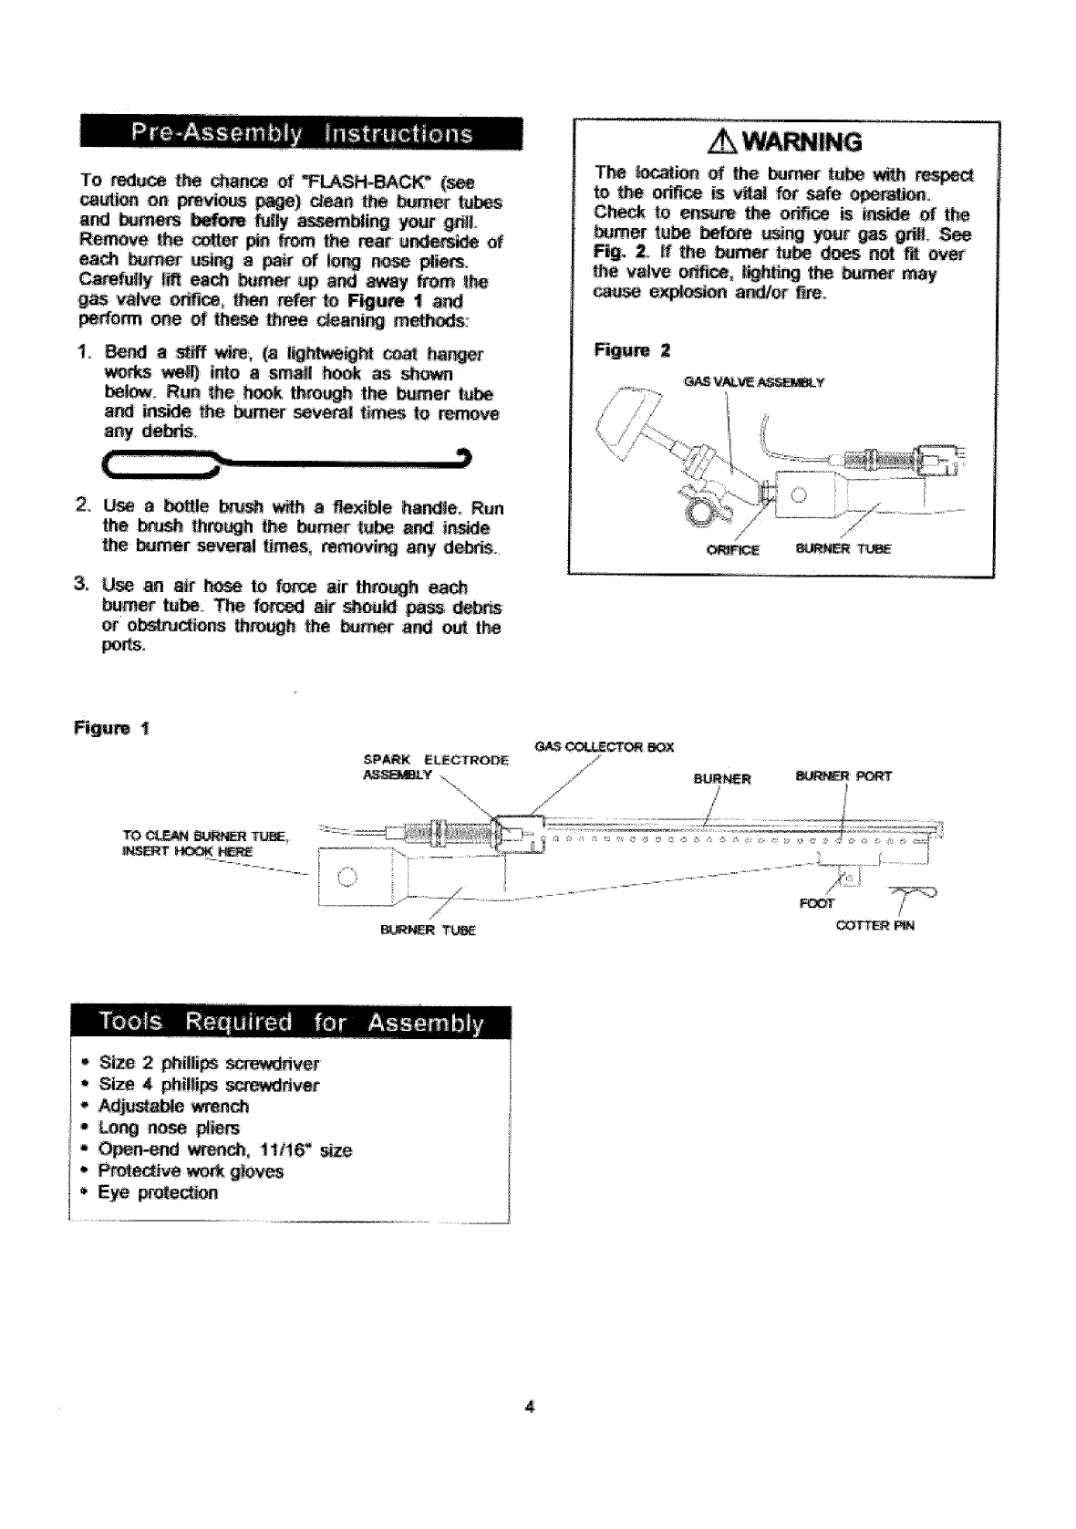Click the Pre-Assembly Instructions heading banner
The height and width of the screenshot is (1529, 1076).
click(x=302, y=140)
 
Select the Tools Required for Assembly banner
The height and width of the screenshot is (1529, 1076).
click(x=289, y=1023)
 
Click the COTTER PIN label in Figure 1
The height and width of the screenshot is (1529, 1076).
click(x=875, y=926)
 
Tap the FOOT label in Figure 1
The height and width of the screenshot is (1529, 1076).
click(x=816, y=905)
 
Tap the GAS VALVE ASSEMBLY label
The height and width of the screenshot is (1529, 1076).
click(x=753, y=382)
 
